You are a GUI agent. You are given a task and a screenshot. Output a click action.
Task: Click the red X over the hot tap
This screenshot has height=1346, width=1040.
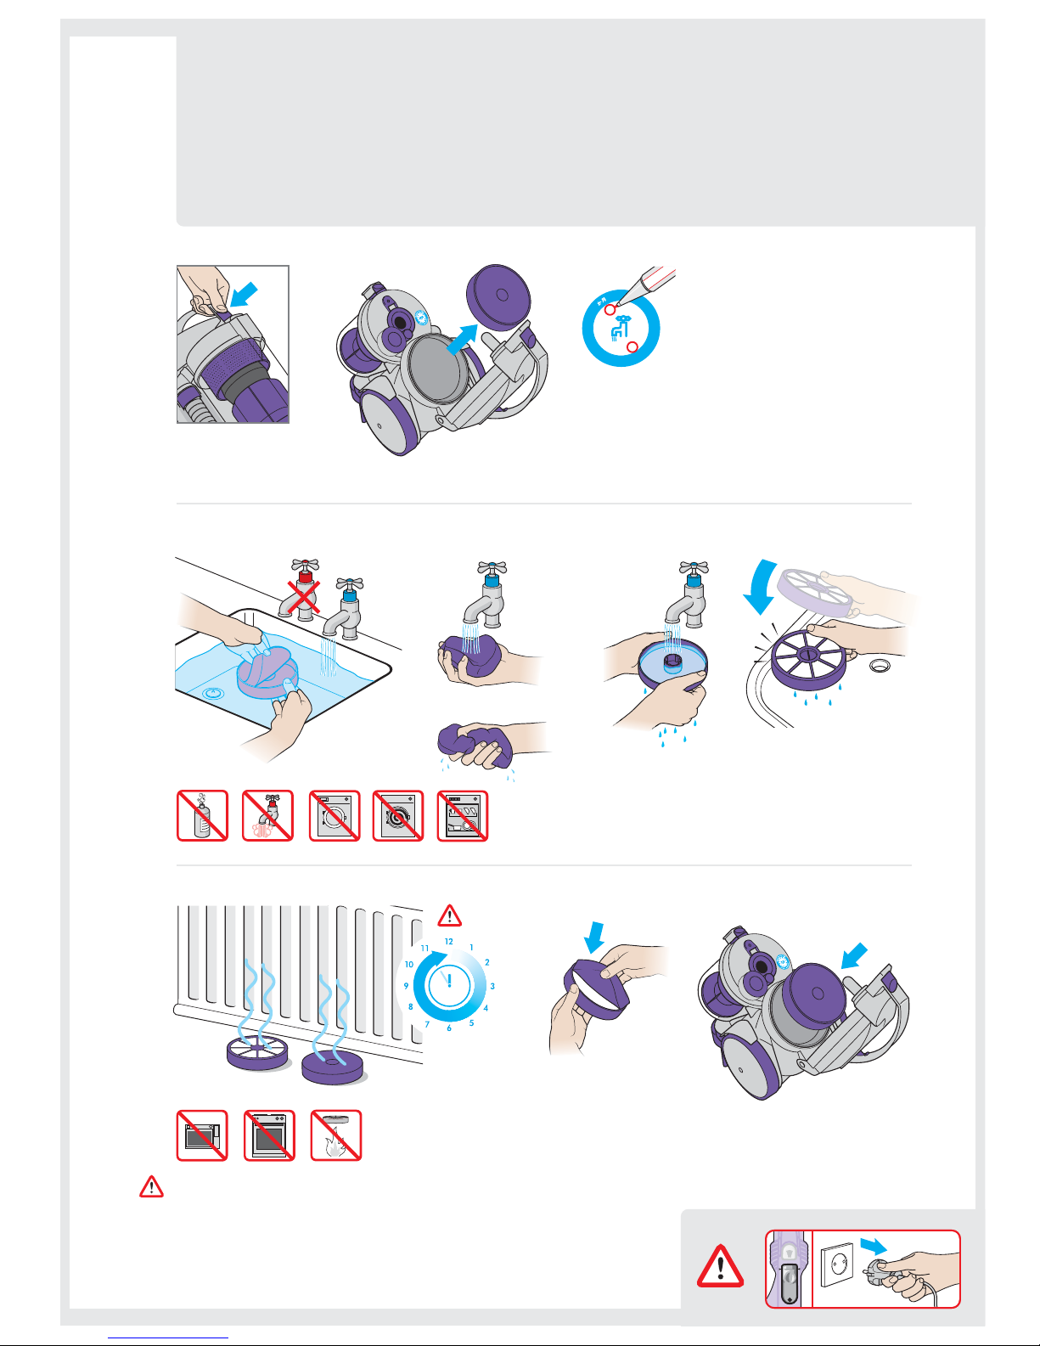tap(303, 597)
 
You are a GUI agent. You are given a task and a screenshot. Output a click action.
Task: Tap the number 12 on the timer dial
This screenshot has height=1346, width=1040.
tap(449, 942)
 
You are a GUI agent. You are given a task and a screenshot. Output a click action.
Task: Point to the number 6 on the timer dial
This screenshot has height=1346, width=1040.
tap(449, 1028)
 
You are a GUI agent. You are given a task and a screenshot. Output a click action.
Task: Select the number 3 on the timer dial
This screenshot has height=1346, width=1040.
tap(492, 986)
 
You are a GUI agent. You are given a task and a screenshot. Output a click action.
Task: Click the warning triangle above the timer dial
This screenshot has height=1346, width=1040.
tap(449, 915)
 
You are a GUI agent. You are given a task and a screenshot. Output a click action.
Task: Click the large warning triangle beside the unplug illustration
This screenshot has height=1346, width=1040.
tap(720, 1266)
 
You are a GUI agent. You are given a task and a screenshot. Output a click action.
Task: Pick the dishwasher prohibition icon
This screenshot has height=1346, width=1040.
tap(463, 816)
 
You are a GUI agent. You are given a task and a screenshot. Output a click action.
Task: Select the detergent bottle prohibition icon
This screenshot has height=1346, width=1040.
tap(202, 816)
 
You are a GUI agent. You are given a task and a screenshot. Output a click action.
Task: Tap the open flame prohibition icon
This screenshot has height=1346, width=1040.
tap(336, 1135)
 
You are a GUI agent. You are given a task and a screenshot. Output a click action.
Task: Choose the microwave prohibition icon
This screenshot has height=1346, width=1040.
tap(202, 1135)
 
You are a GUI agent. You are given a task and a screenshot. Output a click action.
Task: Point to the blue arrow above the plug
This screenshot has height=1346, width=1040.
tap(874, 1246)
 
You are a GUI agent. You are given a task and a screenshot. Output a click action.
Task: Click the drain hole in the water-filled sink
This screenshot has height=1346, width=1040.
tap(212, 692)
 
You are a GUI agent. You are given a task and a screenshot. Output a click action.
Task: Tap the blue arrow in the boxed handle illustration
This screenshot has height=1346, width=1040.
tap(244, 294)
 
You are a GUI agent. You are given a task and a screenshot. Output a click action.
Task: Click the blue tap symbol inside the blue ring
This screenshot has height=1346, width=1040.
tap(620, 329)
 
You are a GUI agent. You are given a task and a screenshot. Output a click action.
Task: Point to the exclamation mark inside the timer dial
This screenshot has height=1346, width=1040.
tap(449, 981)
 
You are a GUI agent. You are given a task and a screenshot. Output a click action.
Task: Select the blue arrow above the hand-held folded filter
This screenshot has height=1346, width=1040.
tap(594, 938)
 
